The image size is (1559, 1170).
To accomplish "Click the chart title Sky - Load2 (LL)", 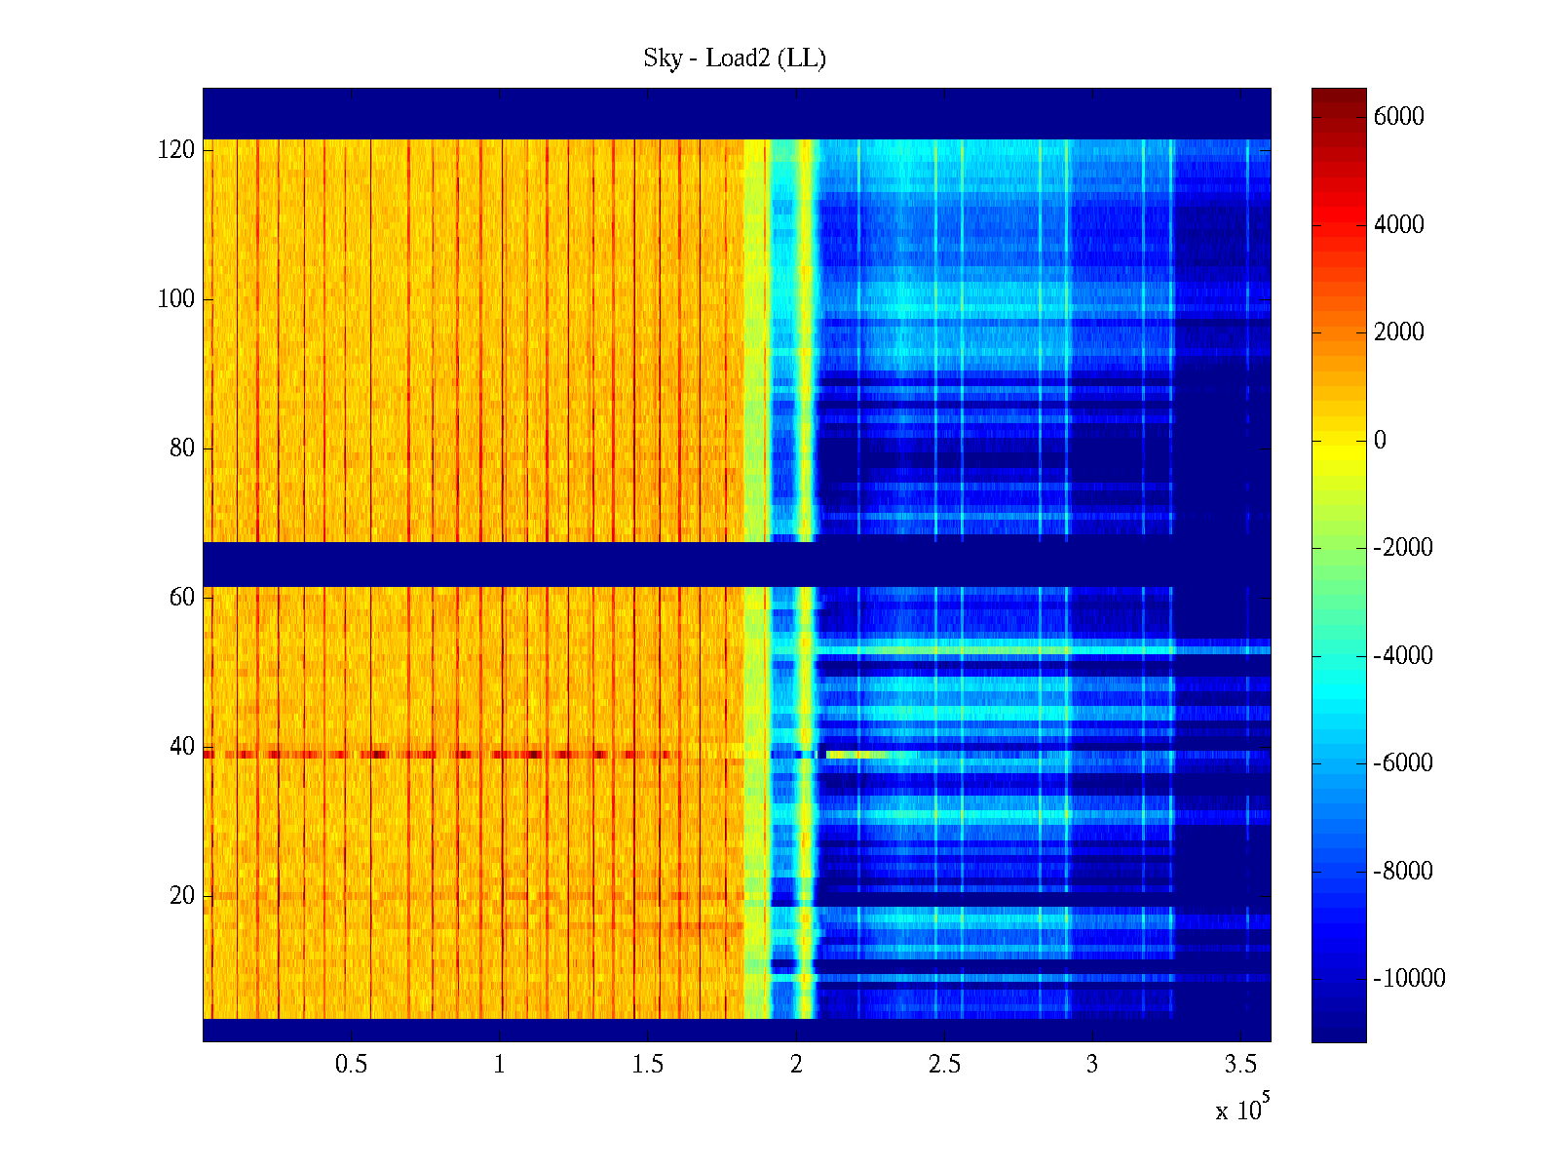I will (x=734, y=58).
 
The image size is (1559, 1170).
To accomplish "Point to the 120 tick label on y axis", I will (x=176, y=150).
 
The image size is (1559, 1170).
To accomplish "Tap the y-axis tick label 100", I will (x=176, y=299).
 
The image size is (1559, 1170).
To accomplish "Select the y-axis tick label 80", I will (x=182, y=448).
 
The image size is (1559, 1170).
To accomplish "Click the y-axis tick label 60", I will (x=182, y=598).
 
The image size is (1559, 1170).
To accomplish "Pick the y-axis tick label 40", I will (x=182, y=747).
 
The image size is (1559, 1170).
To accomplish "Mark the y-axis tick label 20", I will (x=182, y=896).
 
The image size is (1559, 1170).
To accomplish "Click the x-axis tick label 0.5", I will (x=351, y=1064).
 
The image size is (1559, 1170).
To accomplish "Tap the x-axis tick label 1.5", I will (x=647, y=1064).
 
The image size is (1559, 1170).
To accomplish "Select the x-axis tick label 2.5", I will (x=944, y=1064).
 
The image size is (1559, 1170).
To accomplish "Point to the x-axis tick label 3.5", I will (x=1240, y=1064).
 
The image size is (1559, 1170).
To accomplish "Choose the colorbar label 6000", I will (x=1398, y=117).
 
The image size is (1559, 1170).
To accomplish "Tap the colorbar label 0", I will (x=1380, y=441).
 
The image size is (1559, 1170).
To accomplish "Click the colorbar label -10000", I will (x=1409, y=979).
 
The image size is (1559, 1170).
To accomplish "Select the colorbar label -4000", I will (x=1403, y=656).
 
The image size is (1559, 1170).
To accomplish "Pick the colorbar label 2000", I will (x=1398, y=332).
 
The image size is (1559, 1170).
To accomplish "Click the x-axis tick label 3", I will (x=1092, y=1064).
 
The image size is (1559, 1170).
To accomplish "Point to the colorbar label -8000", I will (x=1403, y=872).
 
